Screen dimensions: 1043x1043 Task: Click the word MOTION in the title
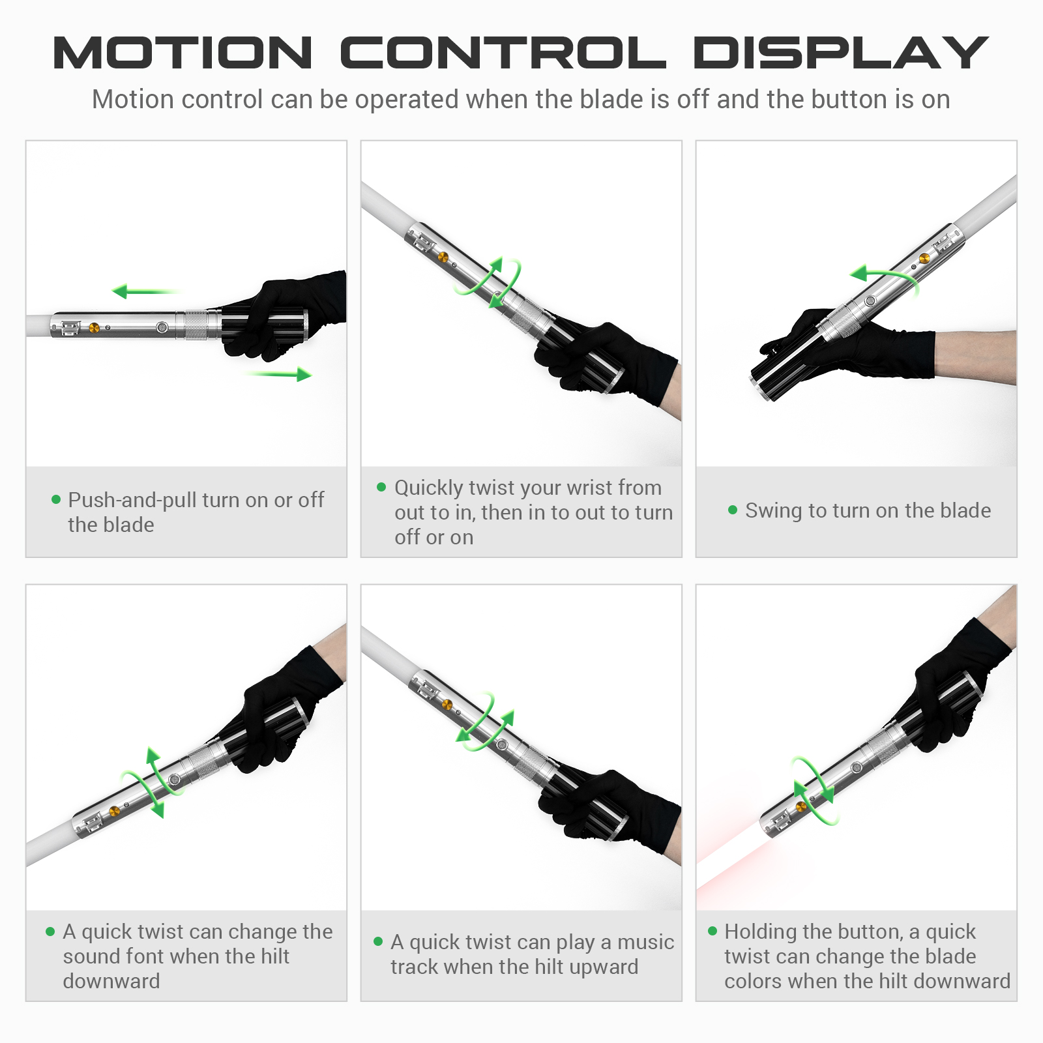click(183, 53)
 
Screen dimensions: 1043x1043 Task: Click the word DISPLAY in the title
click(841, 53)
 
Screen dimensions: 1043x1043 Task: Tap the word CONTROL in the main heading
click(503, 53)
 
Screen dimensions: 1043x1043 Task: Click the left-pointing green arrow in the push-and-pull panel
click(145, 291)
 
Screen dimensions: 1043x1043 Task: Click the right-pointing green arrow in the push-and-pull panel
click(279, 374)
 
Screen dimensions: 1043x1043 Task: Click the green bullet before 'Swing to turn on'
click(733, 510)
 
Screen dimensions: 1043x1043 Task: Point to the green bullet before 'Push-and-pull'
click(56, 499)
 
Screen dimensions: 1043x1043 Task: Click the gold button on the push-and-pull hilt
click(94, 328)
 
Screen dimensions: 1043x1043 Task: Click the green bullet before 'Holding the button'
click(712, 931)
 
